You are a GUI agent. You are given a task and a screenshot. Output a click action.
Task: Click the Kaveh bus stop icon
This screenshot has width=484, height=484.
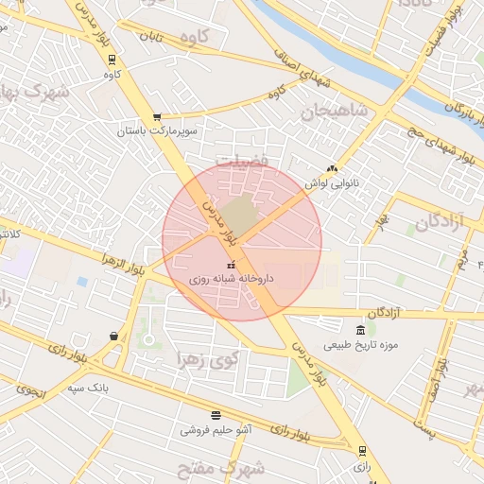113,57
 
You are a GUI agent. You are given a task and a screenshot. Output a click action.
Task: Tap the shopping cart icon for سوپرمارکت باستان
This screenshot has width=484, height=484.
157,117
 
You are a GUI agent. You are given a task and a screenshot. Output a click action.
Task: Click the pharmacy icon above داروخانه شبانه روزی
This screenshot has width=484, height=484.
230,264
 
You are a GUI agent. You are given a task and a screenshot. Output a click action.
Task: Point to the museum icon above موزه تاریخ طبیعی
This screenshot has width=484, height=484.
360,330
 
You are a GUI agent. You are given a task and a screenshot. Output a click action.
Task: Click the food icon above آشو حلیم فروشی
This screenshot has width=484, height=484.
216,415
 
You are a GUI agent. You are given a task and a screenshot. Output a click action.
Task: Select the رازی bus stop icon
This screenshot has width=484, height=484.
361,451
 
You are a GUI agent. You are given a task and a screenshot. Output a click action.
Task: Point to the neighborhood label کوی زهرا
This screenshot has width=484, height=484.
210,359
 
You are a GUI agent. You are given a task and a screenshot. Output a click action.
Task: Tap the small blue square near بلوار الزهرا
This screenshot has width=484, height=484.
82,282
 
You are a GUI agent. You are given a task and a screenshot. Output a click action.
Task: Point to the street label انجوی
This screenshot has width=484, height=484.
29,388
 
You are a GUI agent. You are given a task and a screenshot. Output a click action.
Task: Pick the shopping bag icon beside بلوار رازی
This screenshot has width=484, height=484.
114,336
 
